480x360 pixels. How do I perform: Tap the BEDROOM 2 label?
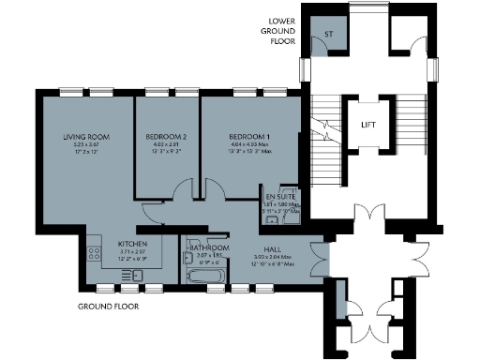[166, 138]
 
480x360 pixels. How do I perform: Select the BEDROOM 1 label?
[249, 138]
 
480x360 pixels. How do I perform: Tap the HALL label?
[274, 249]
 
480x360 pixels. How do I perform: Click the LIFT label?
[368, 125]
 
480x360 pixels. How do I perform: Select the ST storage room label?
[327, 35]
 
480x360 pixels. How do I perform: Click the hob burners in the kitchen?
[93, 252]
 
